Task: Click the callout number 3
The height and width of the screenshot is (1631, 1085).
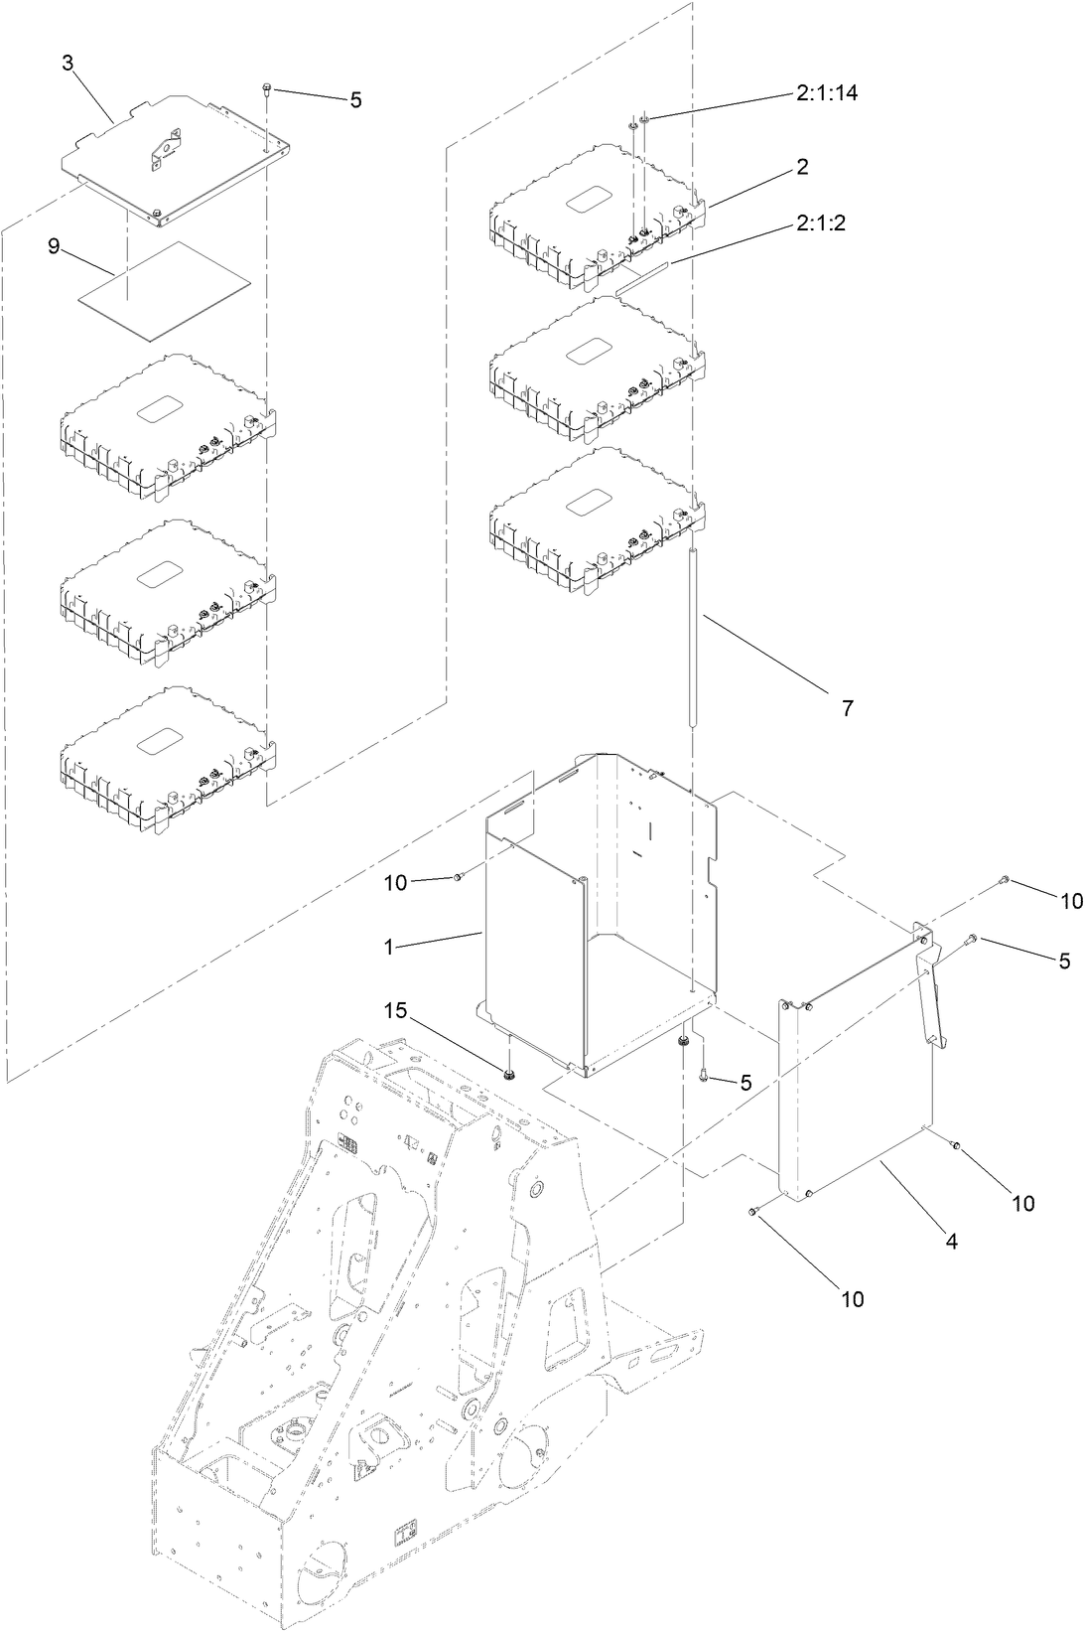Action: [x=68, y=63]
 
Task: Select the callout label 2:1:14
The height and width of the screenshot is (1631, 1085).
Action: [x=826, y=93]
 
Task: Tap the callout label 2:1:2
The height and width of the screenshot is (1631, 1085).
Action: [x=819, y=224]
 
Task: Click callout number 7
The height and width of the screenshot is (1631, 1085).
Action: [x=847, y=708]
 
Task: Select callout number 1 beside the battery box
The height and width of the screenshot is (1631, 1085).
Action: [x=392, y=947]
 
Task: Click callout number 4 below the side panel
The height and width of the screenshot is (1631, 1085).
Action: [x=951, y=1241]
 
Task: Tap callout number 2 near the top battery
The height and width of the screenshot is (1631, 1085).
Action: [x=801, y=167]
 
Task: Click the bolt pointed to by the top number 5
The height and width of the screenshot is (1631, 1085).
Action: [x=267, y=90]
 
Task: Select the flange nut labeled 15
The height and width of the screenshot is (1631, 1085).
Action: [x=508, y=1074]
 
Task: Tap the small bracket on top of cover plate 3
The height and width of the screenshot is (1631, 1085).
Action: [x=167, y=145]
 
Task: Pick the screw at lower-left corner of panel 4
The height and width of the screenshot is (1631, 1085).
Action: [x=753, y=1211]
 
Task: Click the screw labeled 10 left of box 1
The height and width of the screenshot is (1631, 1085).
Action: [x=458, y=877]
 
